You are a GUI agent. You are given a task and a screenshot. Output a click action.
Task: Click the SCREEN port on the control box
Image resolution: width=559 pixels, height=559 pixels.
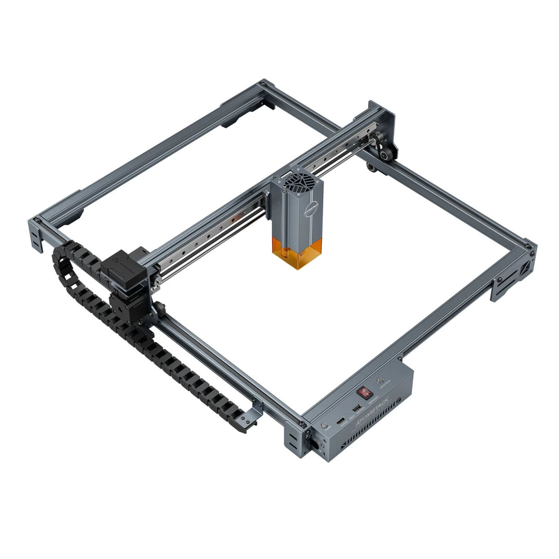pos(340,421)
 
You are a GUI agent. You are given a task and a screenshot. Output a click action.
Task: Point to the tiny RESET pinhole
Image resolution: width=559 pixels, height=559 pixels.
pos(349,415)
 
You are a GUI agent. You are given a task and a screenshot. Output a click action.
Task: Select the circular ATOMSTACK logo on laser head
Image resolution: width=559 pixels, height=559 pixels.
pos(313,205)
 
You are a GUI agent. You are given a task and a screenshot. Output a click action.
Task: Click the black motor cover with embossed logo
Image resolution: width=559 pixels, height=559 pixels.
pos(118,266)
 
